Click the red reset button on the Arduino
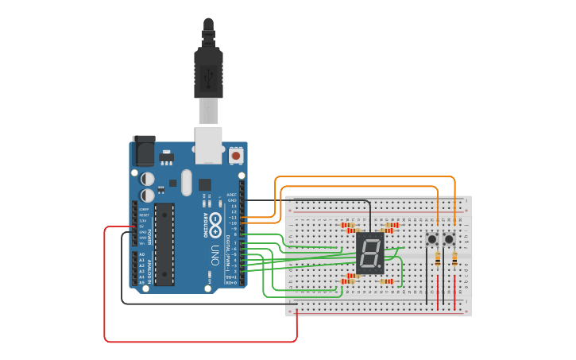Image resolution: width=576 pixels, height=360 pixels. tap(236, 156)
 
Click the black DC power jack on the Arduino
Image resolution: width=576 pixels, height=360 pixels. tap(144, 150)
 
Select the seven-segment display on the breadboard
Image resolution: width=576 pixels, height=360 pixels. tap(370, 254)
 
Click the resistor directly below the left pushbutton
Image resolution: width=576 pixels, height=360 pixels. tap(438, 257)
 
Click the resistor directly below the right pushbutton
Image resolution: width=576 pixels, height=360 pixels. tap(454, 257)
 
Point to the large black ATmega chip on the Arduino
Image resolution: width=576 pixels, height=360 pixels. tap(164, 244)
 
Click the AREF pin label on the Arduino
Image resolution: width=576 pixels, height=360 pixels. tap(232, 194)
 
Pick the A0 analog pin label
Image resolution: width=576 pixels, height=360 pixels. tap(142, 254)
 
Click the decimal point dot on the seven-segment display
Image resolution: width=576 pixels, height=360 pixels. tap(381, 268)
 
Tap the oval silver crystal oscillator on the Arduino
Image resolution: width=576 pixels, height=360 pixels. tap(187, 182)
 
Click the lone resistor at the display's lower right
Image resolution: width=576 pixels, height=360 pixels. tap(386, 281)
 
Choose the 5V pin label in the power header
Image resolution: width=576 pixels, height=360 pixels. tap(141, 226)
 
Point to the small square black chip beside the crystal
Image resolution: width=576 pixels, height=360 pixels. tap(205, 184)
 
